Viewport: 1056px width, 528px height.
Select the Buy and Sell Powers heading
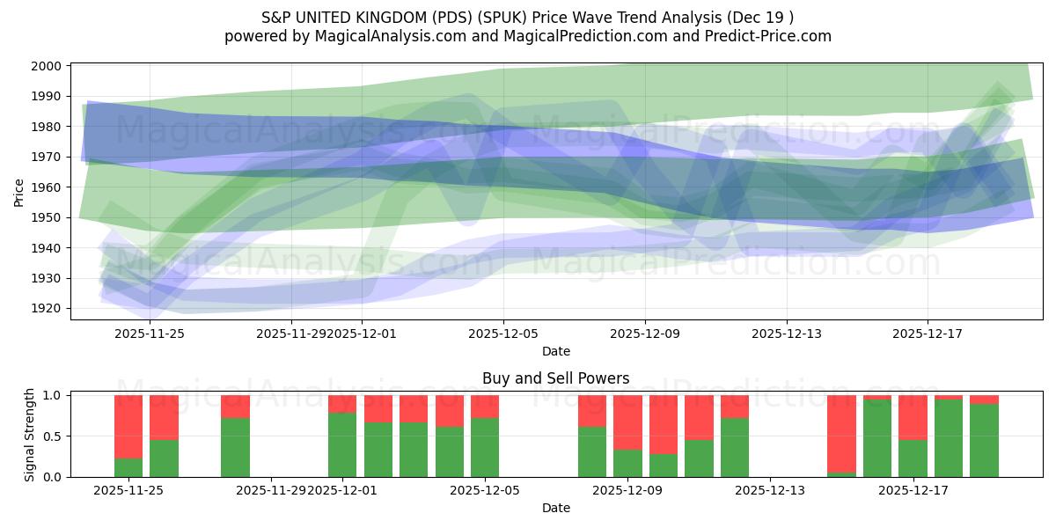pos(555,378)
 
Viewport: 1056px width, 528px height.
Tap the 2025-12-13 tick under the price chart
pos(786,334)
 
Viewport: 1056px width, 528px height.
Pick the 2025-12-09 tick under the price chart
pos(644,334)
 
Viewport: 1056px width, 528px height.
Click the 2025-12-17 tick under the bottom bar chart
pos(913,491)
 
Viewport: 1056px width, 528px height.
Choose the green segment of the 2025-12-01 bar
pos(342,444)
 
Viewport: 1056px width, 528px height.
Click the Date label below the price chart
pos(555,351)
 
